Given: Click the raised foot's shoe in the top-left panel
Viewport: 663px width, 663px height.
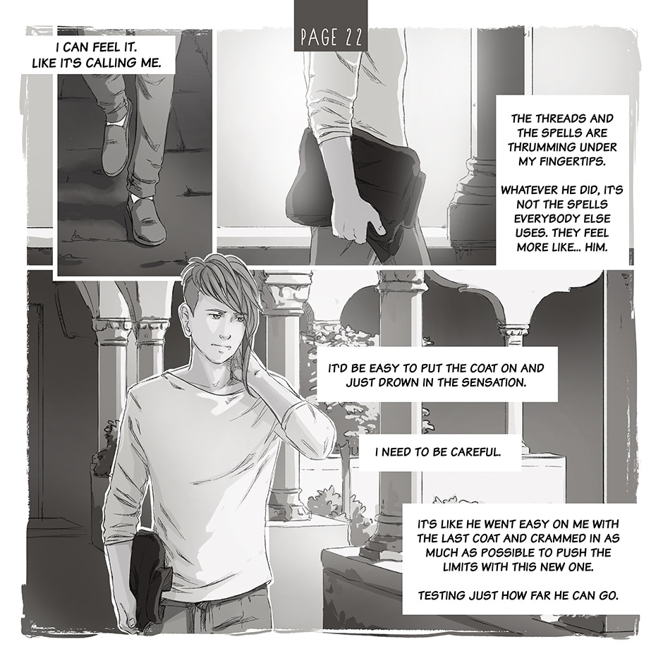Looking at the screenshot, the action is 115,144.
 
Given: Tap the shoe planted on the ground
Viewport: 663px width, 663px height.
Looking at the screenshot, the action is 146,220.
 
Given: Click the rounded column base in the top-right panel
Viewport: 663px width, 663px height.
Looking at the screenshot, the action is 470,199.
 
